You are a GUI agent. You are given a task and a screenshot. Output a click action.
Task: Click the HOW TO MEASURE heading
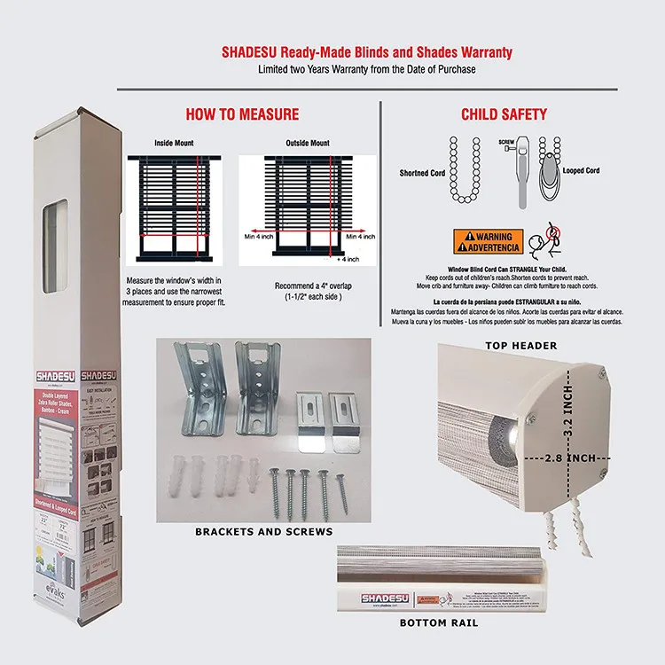pyautogui.click(x=242, y=114)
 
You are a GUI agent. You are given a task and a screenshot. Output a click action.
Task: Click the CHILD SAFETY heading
pyautogui.click(x=504, y=114)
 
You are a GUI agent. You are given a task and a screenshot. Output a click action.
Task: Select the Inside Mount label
pyautogui.click(x=174, y=143)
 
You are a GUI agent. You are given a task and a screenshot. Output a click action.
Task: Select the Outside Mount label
pyautogui.click(x=308, y=143)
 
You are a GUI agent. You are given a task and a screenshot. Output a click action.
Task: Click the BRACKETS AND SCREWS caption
pyautogui.click(x=263, y=532)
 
